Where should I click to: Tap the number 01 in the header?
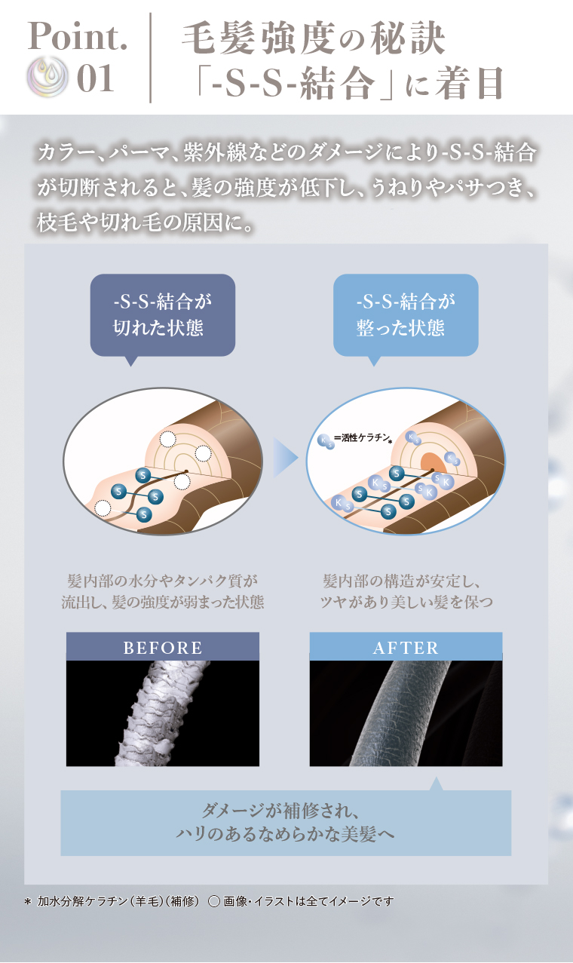coord(95,78)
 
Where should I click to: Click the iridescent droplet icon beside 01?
coord(47,76)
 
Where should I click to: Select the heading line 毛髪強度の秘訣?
coord(313,39)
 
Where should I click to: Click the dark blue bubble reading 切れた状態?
coord(163,315)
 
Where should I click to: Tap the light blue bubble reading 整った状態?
coord(406,315)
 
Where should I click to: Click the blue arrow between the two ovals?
coord(286,458)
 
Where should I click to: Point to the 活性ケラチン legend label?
coord(366,437)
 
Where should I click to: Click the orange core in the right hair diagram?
coord(433,462)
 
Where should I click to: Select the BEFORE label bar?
coord(163,646)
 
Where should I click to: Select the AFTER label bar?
coord(406,646)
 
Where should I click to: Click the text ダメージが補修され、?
coord(280,811)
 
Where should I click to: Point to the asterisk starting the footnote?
coord(29,901)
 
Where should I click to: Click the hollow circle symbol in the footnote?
coord(214,901)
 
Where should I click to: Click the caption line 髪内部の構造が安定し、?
coord(402,581)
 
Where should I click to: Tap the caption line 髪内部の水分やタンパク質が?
coord(163,581)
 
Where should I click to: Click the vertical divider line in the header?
coord(151,57)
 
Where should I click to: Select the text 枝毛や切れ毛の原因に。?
coord(145,222)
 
